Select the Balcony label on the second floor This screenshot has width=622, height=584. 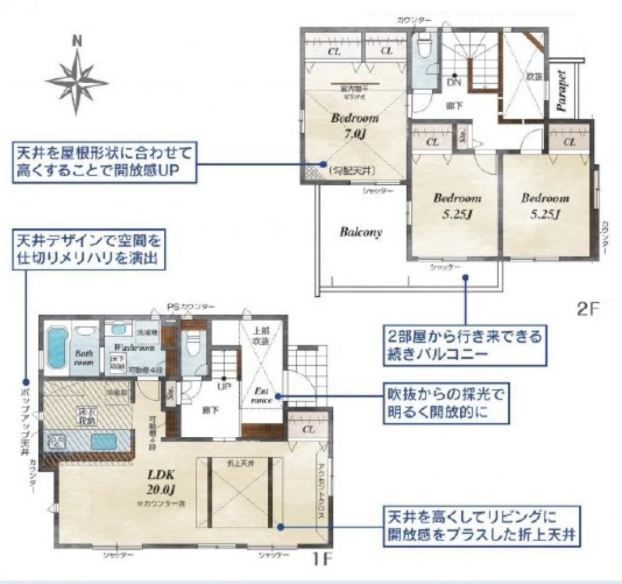click(x=360, y=232)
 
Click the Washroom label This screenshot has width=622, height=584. click(x=133, y=347)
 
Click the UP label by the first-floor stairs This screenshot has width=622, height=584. click(x=225, y=385)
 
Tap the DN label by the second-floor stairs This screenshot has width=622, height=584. click(x=454, y=82)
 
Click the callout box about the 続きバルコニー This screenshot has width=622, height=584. click(x=463, y=344)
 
